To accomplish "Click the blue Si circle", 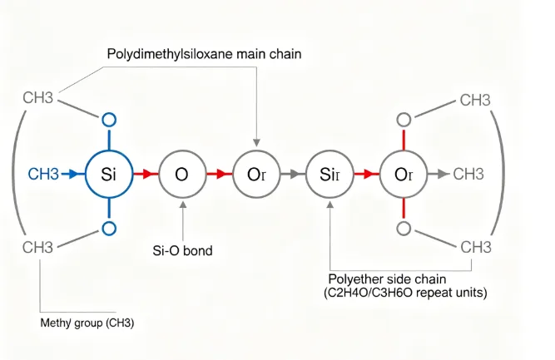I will click(107, 174).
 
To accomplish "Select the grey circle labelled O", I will click(181, 174).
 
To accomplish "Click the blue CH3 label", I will click(43, 174).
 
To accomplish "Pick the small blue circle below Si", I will click(107, 228).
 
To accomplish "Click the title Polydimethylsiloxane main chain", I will click(204, 54).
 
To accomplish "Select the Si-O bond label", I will click(182, 249).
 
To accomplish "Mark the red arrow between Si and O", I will click(146, 174).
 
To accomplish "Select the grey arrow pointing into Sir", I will click(292, 174).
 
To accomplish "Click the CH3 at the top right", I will click(475, 101).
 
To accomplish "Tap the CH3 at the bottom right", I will click(475, 247).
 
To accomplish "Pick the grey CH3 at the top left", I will click(37, 99).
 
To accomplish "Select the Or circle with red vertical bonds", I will click(404, 174).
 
